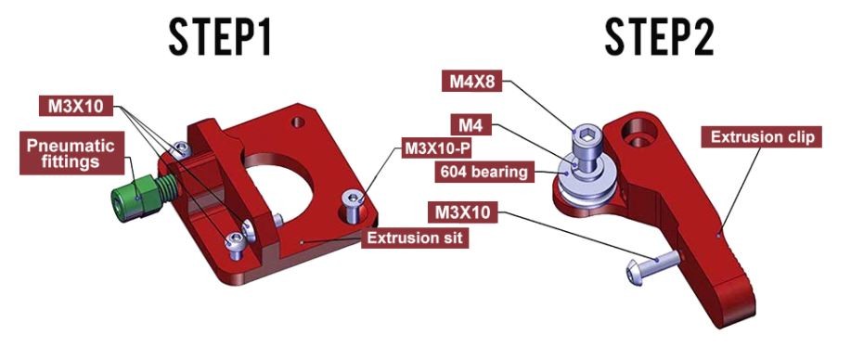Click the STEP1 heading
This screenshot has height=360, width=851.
click(219, 37)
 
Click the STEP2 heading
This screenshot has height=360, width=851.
click(659, 37)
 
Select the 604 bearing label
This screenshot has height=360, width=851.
click(484, 173)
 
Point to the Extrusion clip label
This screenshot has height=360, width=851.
click(763, 136)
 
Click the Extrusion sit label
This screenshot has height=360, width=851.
click(415, 238)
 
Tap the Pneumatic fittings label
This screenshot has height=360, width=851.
click(71, 153)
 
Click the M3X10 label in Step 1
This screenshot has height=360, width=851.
click(75, 106)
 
